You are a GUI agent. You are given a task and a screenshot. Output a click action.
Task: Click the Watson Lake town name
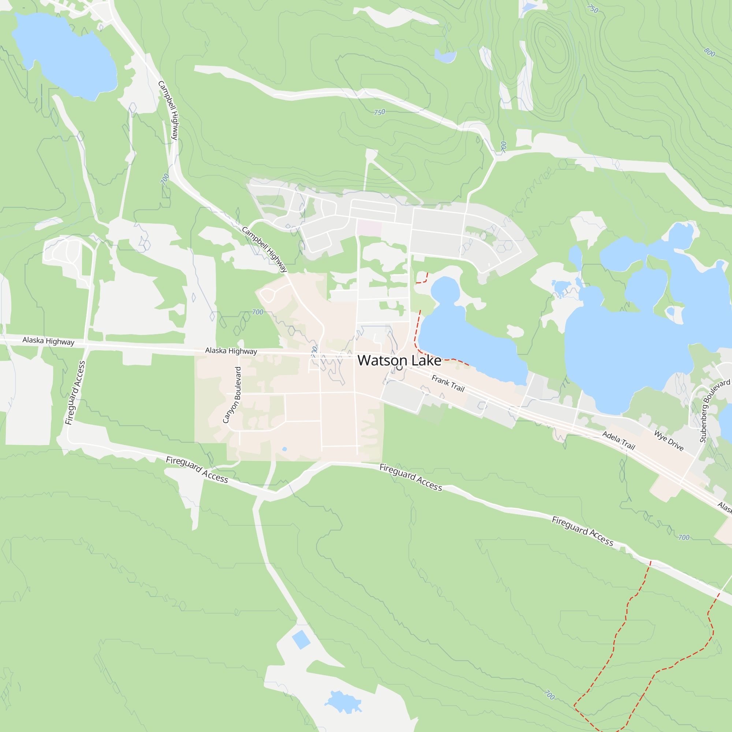pyautogui.click(x=399, y=360)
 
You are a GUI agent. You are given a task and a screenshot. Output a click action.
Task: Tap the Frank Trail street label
pyautogui.click(x=448, y=383)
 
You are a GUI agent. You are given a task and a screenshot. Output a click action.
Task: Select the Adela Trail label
pyautogui.click(x=619, y=440)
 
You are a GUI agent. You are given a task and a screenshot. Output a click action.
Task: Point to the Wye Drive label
pyautogui.click(x=669, y=441)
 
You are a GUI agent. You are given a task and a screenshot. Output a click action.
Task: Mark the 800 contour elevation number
pyautogui.click(x=709, y=52)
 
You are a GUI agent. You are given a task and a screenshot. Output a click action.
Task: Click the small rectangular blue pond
pyautogui.click(x=301, y=639)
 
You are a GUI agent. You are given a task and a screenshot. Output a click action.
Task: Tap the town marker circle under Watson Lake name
pyautogui.click(x=399, y=367)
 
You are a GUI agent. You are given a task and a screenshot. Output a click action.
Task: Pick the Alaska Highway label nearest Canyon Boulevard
pyautogui.click(x=231, y=351)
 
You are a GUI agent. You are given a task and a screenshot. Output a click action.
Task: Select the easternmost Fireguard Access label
pyautogui.click(x=582, y=531)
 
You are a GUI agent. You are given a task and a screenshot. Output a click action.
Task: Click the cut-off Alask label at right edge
pyautogui.click(x=724, y=507)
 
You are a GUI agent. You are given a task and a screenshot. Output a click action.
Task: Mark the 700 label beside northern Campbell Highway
pyautogui.click(x=164, y=178)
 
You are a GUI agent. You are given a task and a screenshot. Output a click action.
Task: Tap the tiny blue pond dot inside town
pyautogui.click(x=284, y=449)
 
